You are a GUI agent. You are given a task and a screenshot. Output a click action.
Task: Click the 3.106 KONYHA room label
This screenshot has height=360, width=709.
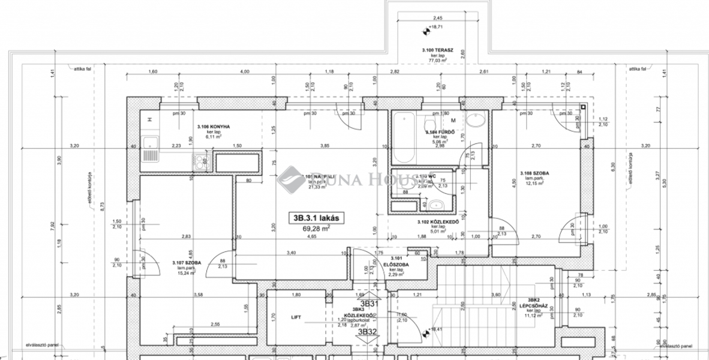point(213,127)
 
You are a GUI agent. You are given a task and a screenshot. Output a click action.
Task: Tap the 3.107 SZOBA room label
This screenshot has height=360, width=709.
point(187,263)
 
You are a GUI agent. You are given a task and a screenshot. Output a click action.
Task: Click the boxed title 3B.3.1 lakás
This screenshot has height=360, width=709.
point(316,218)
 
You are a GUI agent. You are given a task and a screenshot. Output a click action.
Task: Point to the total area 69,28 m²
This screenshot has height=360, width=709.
point(316,229)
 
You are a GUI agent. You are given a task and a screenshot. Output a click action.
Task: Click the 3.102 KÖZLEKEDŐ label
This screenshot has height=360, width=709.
point(438,222)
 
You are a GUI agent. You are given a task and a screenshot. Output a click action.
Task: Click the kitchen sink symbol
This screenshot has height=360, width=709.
point(150,143)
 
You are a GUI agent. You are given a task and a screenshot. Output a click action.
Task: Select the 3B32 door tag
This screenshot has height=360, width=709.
point(367,331)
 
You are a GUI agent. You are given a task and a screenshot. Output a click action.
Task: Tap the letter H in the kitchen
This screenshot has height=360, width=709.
point(149,119)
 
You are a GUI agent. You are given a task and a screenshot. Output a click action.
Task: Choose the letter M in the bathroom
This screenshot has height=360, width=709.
point(454,120)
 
